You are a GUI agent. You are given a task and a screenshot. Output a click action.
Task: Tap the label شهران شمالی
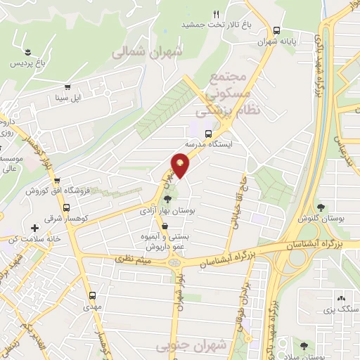pyautogui.click(x=146, y=51)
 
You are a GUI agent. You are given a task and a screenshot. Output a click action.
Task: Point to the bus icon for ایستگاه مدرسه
pyautogui.click(x=208, y=133)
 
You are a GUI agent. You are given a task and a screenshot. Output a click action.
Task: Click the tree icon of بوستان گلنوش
pyautogui.click(x=321, y=207)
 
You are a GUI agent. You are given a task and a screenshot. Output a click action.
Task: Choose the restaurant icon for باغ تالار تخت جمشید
pyautogui.click(x=217, y=15)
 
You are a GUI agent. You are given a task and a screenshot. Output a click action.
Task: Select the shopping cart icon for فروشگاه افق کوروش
pyautogui.click(x=56, y=181)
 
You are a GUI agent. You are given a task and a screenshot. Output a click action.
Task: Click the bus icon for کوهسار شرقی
pyautogui.click(x=65, y=208)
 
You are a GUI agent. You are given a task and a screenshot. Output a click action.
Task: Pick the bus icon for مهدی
pyautogui.click(x=92, y=295)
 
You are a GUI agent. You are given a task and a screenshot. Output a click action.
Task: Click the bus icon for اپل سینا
pyautogui.click(x=67, y=87)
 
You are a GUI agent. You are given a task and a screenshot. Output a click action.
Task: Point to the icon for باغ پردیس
pyautogui.click(x=27, y=53)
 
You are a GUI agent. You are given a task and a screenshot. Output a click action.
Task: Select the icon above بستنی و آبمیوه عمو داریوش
pyautogui.click(x=165, y=226)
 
